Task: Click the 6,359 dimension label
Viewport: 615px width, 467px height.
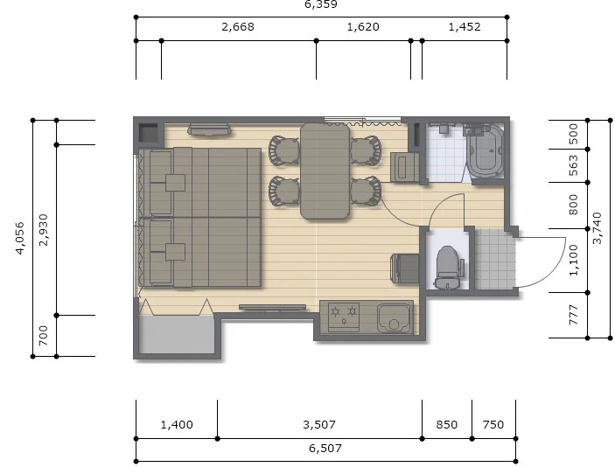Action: tap(321, 4)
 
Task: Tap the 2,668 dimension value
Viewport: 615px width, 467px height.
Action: tap(238, 26)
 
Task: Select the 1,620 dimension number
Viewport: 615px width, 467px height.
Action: tap(363, 26)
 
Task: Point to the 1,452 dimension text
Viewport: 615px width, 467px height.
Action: tap(465, 26)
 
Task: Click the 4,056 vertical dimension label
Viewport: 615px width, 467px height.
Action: tap(20, 238)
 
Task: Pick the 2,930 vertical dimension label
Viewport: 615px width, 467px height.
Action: tap(44, 230)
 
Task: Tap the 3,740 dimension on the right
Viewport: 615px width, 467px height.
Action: tap(597, 227)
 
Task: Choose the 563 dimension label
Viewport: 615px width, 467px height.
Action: tap(573, 165)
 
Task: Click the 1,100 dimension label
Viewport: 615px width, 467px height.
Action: tap(573, 261)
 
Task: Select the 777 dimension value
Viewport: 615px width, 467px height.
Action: tap(573, 315)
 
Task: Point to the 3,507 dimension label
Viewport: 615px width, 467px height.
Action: tap(319, 424)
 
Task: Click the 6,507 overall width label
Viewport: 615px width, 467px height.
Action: tap(325, 448)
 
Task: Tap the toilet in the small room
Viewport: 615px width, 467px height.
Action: tap(448, 267)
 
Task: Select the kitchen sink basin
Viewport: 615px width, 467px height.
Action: tap(394, 318)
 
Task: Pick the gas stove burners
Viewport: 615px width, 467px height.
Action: tap(344, 317)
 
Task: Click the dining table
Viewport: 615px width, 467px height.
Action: tap(325, 171)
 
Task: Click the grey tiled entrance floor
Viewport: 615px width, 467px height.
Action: tap(495, 259)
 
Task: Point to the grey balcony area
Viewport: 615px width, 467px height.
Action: tap(177, 334)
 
